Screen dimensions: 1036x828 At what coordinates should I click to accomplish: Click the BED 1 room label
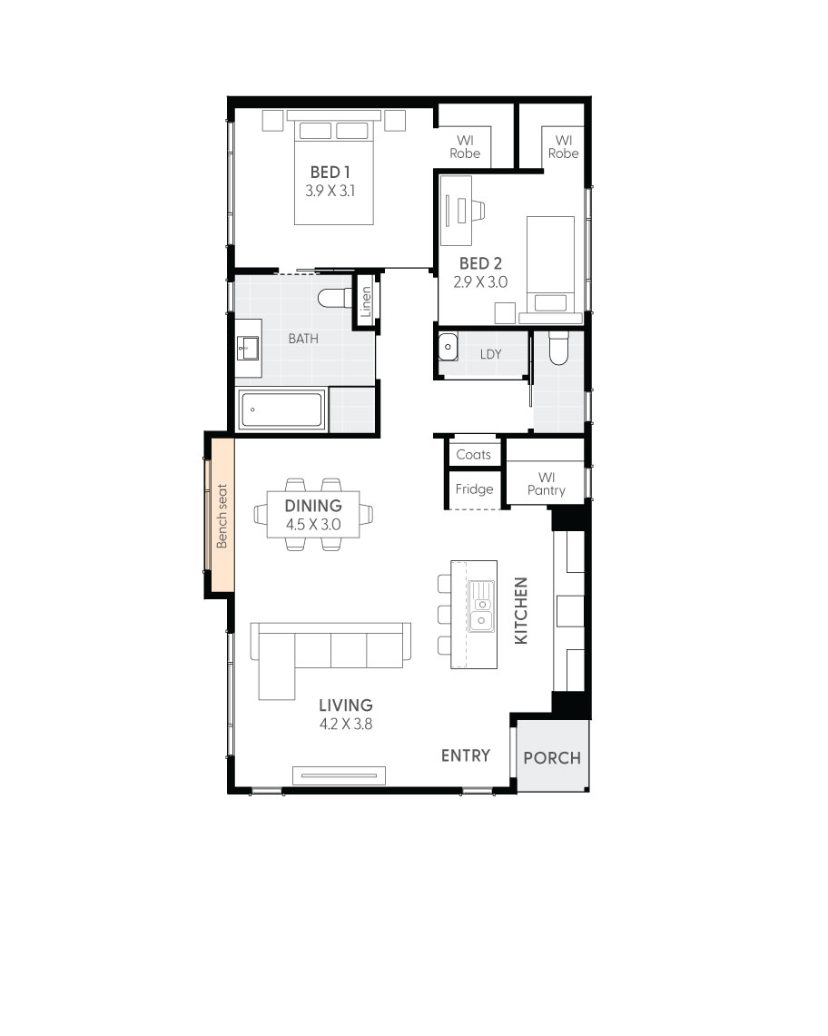(x=330, y=172)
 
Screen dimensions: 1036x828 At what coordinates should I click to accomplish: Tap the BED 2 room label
(x=480, y=263)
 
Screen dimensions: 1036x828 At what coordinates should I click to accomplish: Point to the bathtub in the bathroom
(x=281, y=410)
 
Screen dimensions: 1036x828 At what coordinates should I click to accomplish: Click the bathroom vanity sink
(x=247, y=347)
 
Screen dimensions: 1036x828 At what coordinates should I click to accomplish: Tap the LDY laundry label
(x=490, y=354)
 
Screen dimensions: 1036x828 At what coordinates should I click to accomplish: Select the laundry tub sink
(x=448, y=347)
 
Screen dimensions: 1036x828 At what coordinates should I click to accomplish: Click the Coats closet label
(x=473, y=454)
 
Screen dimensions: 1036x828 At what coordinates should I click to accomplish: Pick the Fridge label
(x=474, y=489)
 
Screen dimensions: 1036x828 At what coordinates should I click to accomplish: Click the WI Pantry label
(x=546, y=483)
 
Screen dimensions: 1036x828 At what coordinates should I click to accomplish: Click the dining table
(x=313, y=515)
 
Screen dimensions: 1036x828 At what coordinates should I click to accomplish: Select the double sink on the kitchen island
(x=482, y=607)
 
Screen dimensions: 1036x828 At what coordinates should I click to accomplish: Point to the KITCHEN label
(x=521, y=611)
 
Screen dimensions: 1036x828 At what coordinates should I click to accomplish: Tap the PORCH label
(x=552, y=757)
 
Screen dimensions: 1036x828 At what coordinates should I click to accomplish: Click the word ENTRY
(x=466, y=755)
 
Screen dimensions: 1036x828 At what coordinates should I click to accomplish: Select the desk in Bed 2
(x=456, y=210)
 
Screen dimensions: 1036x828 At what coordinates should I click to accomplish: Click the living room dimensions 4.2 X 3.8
(x=346, y=725)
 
